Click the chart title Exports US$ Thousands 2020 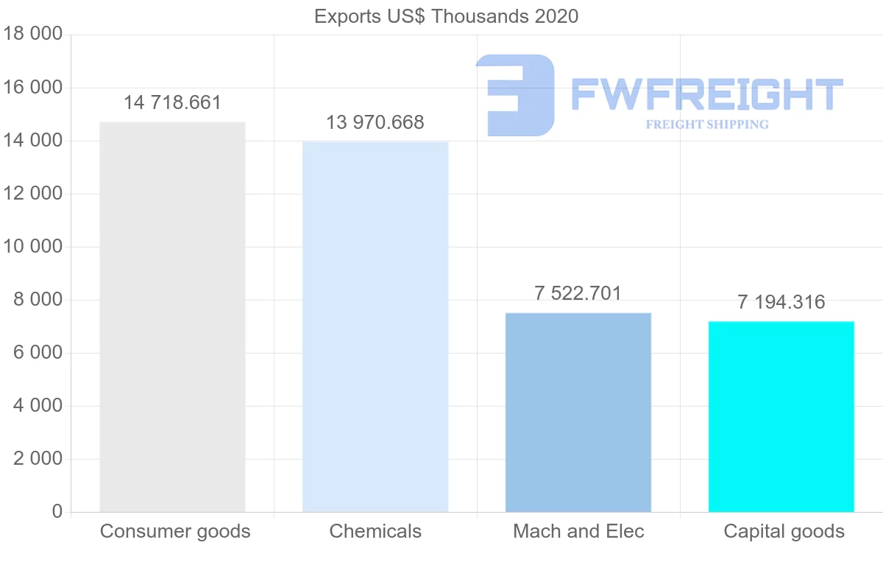pos(446,16)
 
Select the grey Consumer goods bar pos(172,317)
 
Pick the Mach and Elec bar pos(578,412)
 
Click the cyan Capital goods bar pos(781,417)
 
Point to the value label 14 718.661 pos(172,102)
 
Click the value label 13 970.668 pos(375,122)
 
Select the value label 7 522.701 pos(578,293)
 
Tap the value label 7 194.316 pos(781,302)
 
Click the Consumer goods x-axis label pos(175,531)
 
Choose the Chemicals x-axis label pos(375,531)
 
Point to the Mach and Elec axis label pos(578,531)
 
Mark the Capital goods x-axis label pos(784,531)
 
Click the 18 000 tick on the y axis pos(33,34)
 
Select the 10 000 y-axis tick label pos(33,246)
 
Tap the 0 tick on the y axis pos(57,511)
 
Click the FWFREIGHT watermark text pos(706,95)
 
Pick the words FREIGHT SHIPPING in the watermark pos(707,124)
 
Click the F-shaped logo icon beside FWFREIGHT pos(515,95)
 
